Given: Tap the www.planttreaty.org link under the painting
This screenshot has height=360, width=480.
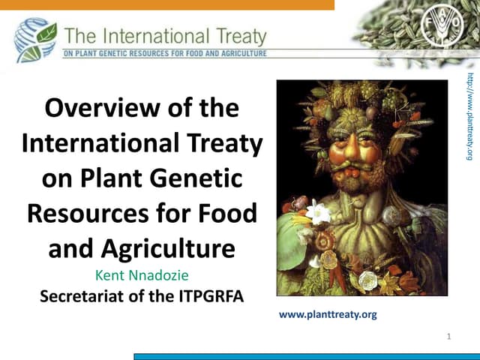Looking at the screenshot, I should coord(328,314).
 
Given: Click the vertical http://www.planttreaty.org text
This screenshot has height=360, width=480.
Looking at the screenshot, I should coord(469,116).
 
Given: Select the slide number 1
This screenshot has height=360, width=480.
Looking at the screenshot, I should coord(448,336).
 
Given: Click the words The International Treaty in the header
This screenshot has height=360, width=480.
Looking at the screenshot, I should coord(166,35).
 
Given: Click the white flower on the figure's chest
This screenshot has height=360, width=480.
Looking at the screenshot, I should coord(319,212).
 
